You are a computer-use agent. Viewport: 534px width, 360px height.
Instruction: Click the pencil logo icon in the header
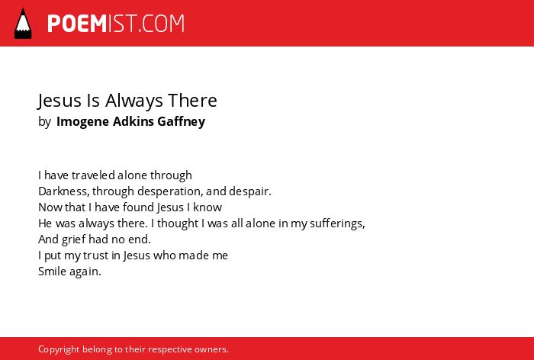(x=23, y=24)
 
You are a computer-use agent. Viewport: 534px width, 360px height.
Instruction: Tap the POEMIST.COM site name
(x=116, y=24)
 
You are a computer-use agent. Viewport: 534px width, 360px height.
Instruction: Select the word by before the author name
(x=44, y=121)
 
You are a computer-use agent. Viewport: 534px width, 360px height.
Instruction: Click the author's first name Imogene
(x=82, y=121)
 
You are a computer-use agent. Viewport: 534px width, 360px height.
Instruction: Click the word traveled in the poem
(x=93, y=175)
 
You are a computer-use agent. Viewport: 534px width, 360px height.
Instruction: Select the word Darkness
(x=64, y=191)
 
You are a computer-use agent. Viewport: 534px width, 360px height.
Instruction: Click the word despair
(x=250, y=191)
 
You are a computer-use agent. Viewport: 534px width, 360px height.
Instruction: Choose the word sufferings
(x=337, y=223)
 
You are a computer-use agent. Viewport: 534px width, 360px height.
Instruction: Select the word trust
(x=95, y=256)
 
